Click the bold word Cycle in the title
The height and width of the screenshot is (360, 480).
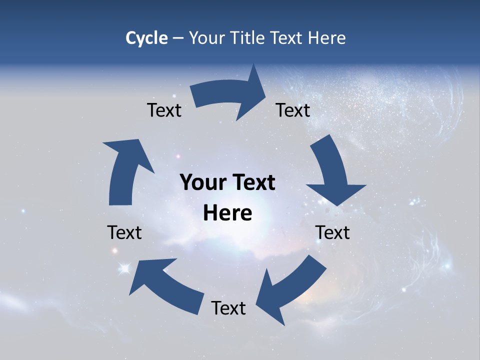click(146, 38)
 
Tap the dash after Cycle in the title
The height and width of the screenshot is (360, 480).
click(178, 38)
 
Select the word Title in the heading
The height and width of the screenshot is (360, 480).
click(248, 38)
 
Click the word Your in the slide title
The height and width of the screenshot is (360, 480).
click(206, 38)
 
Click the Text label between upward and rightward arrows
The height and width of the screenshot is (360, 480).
click(164, 110)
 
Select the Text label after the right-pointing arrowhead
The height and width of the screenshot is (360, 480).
click(293, 110)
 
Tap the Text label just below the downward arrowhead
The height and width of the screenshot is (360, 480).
click(332, 232)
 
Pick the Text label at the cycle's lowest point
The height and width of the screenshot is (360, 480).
click(228, 308)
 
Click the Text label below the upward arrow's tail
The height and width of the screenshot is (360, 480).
click(124, 232)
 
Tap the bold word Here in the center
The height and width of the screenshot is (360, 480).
click(227, 213)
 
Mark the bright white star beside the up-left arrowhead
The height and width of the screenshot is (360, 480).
click(124, 269)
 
